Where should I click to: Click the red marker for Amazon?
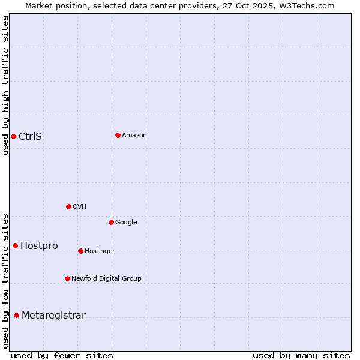[x=118, y=135]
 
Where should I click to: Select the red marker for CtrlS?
[x=13, y=136]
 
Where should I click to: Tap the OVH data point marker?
[x=68, y=206]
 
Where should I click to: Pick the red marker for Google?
[x=111, y=222]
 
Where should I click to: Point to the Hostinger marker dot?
[x=80, y=251]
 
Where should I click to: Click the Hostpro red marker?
[x=15, y=245]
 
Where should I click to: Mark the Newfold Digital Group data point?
[x=67, y=278]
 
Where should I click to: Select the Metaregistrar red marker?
[x=16, y=315]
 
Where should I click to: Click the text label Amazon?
[x=134, y=136]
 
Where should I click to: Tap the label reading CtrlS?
[x=31, y=136]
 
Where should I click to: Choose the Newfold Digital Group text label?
[x=106, y=278]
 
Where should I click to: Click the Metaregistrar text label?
[x=53, y=316]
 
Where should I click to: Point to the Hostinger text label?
[x=100, y=251]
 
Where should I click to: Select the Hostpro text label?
[x=39, y=245]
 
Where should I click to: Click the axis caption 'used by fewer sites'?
[x=62, y=355]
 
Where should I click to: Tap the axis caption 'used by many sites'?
[x=301, y=355]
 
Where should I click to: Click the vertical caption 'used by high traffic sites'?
[x=6, y=85]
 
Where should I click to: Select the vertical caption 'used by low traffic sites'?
[x=6, y=281]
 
